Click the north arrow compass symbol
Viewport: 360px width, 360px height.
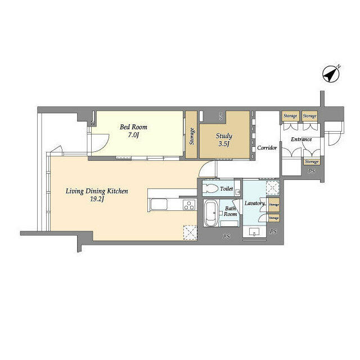331,74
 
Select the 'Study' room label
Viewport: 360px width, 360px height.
224,136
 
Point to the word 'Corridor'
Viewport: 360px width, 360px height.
267,148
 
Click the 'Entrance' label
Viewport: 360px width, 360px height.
301,139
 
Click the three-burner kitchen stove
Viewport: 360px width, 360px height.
190,205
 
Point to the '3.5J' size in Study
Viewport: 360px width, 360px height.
224,144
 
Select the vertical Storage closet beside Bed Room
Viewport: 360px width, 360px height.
191,135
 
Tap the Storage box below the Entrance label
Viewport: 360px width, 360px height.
311,161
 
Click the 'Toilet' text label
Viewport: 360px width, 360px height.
227,189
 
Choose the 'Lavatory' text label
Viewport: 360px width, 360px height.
254,203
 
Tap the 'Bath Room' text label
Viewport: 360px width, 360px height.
231,210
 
